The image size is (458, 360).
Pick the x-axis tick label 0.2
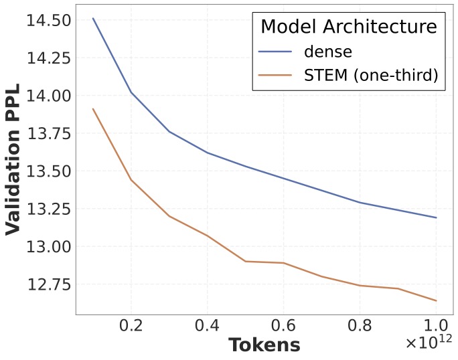pos(134,328)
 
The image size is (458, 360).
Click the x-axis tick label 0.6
pos(285,328)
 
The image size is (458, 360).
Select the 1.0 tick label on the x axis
pos(435,328)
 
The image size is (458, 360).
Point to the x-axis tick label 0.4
pos(209,328)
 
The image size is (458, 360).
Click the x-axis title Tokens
pos(264,345)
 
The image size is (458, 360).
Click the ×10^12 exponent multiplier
pos(428,343)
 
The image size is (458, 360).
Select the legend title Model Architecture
pos(348,27)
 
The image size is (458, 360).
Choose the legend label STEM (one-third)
pos(370,76)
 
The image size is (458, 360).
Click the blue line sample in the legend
pos(278,52)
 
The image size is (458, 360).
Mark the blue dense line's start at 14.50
pos(93,18)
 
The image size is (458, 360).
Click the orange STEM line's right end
pos(436,300)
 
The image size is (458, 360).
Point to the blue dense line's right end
pos(436,217)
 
